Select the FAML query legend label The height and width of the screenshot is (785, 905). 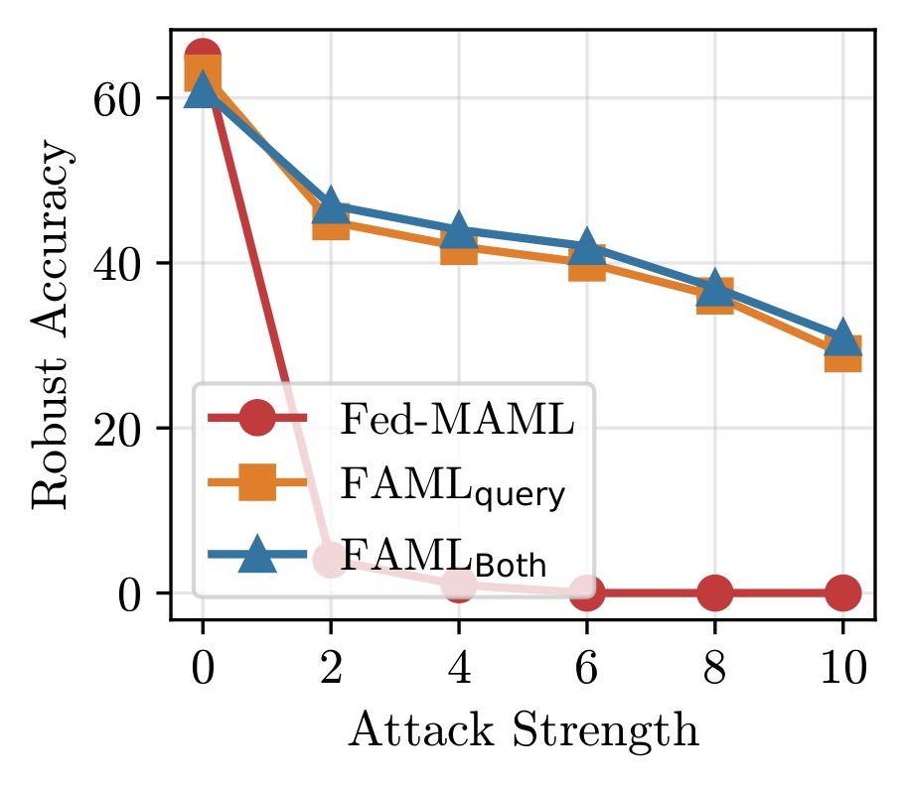coord(453,488)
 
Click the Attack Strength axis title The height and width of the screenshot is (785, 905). coord(523,731)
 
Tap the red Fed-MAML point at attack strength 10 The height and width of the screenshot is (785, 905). coord(842,593)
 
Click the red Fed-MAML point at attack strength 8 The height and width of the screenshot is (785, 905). coord(714,593)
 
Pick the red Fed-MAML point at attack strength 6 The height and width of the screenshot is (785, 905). coord(586,593)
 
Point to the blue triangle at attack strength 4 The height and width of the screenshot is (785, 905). coord(458,230)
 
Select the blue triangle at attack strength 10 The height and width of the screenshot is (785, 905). coord(842,337)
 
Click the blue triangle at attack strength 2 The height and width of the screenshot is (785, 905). coord(331,205)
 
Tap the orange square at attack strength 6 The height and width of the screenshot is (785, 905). coord(586,264)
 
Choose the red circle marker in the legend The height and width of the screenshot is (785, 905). coord(257,421)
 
